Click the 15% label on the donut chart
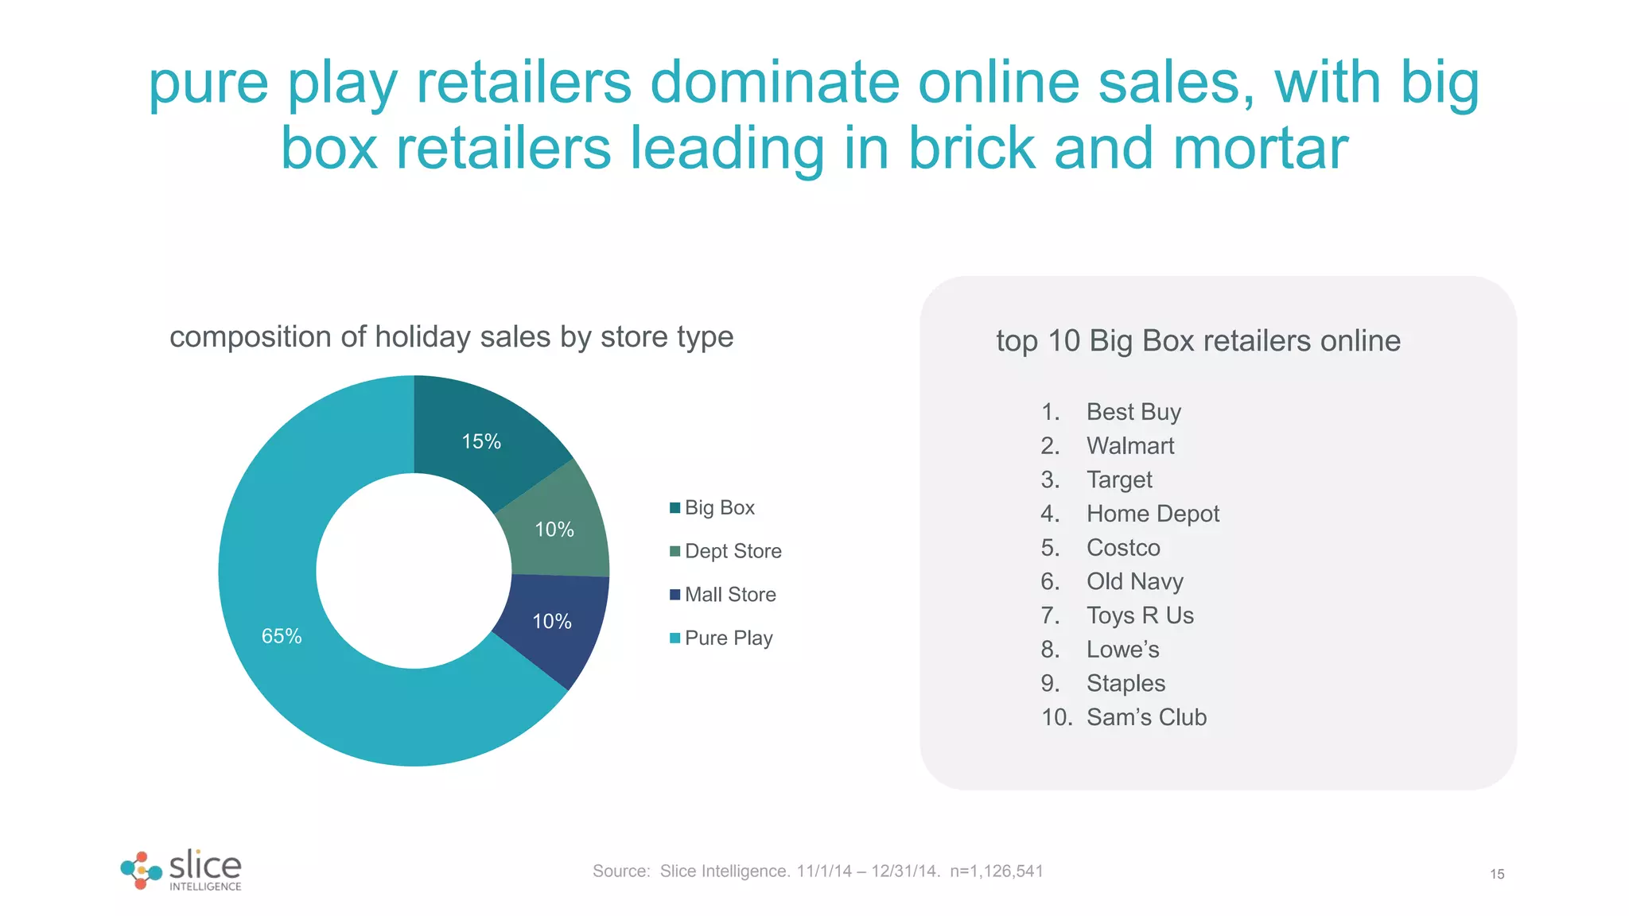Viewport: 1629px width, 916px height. (x=481, y=441)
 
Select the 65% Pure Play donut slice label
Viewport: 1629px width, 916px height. (x=282, y=636)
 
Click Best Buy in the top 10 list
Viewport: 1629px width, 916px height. (x=1133, y=412)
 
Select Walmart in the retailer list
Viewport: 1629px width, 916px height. (x=1130, y=446)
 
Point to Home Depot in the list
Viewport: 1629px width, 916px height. (x=1153, y=514)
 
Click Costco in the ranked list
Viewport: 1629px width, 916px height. (x=1123, y=548)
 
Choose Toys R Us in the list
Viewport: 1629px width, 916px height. (x=1140, y=615)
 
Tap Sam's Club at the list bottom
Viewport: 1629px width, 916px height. (x=1146, y=717)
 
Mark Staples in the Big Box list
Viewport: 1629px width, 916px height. (x=1126, y=683)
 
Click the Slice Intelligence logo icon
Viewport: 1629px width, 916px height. (x=141, y=870)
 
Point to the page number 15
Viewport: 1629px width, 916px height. (x=1497, y=875)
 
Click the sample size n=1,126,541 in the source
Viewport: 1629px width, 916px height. (x=996, y=871)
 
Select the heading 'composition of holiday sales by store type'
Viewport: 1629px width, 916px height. (x=451, y=337)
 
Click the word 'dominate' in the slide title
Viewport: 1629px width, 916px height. (x=775, y=83)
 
